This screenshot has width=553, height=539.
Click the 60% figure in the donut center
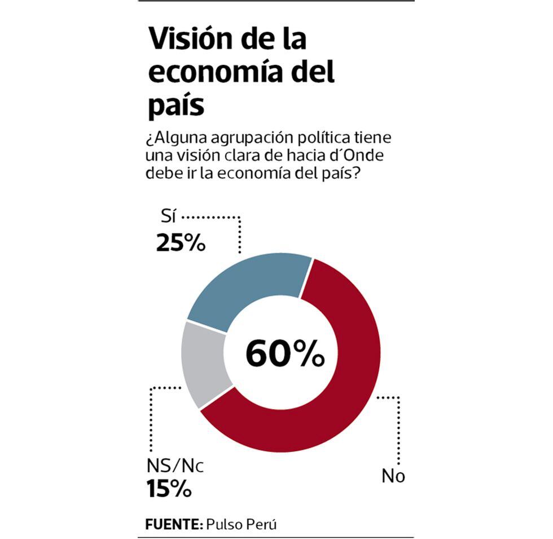coord(285,355)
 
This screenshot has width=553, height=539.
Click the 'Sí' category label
coord(168,218)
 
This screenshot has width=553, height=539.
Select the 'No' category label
coord(393,476)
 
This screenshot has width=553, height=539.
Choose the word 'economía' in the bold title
coord(217,73)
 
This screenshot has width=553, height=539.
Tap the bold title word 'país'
coord(175,106)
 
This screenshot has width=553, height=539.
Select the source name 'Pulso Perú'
coord(242,524)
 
